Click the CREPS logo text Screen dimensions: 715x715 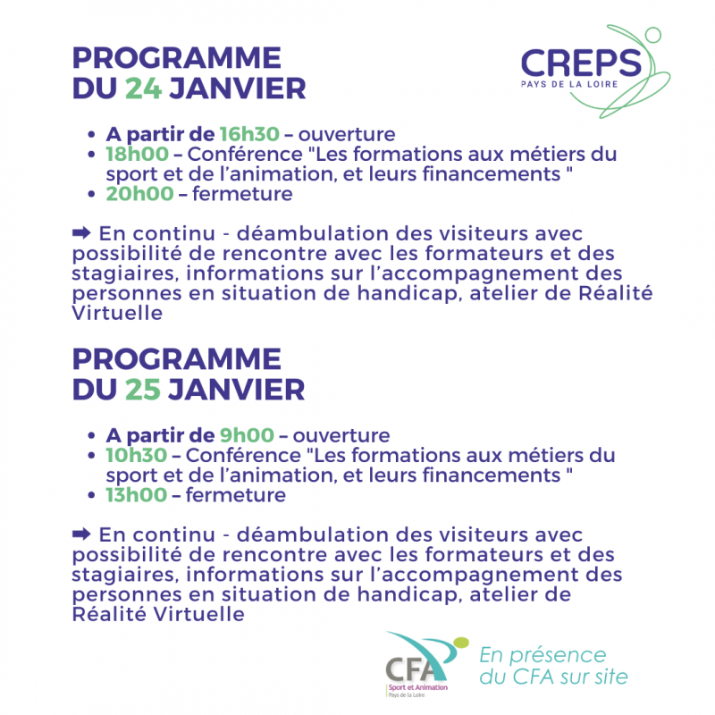coord(582,63)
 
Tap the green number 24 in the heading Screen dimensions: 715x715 coord(143,88)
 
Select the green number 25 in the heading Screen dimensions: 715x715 coord(143,390)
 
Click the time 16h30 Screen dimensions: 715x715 coord(249,134)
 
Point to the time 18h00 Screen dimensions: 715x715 coord(138,154)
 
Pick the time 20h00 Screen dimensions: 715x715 coord(139,194)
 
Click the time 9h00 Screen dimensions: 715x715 coord(247,435)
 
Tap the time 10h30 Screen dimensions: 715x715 coord(137,456)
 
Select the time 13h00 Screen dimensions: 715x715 coord(137,495)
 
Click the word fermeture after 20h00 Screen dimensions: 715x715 coord(242,194)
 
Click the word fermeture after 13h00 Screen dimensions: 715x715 coord(236,495)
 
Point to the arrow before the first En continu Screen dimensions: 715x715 coord(81,233)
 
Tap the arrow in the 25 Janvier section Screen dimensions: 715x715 coord(81,534)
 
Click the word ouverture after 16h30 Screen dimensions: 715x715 coord(347,135)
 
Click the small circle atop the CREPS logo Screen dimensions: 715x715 coord(653,35)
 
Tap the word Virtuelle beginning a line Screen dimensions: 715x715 coord(117,314)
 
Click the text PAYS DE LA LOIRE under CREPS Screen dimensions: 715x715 coord(569,84)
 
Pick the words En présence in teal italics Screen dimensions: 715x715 coord(543,655)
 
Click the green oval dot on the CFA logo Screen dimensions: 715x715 coord(460,643)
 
